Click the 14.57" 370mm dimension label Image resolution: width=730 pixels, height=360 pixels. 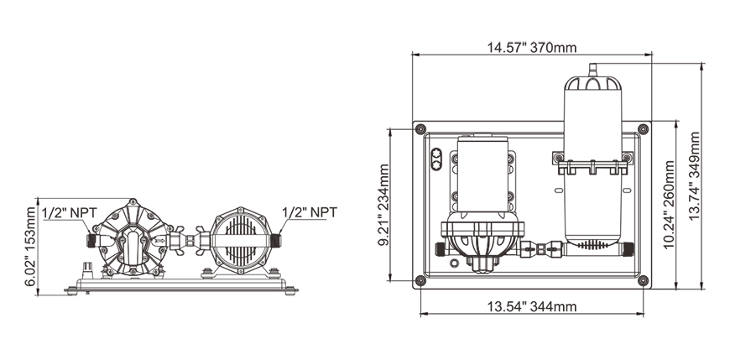click(x=532, y=48)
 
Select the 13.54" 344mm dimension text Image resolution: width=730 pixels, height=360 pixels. click(x=532, y=306)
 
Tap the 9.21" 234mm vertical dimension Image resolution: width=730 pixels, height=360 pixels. click(x=384, y=205)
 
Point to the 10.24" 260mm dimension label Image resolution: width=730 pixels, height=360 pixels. click(x=669, y=205)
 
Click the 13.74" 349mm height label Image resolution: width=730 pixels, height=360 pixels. click(x=694, y=176)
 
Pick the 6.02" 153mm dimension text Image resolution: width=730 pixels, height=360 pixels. click(x=31, y=247)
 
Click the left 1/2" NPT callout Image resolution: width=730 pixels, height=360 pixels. click(x=70, y=213)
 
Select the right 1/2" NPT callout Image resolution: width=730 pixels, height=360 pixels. click(x=310, y=212)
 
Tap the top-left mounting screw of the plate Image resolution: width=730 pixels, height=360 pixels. click(x=420, y=129)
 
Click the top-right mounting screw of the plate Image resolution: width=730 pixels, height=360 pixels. click(x=643, y=129)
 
